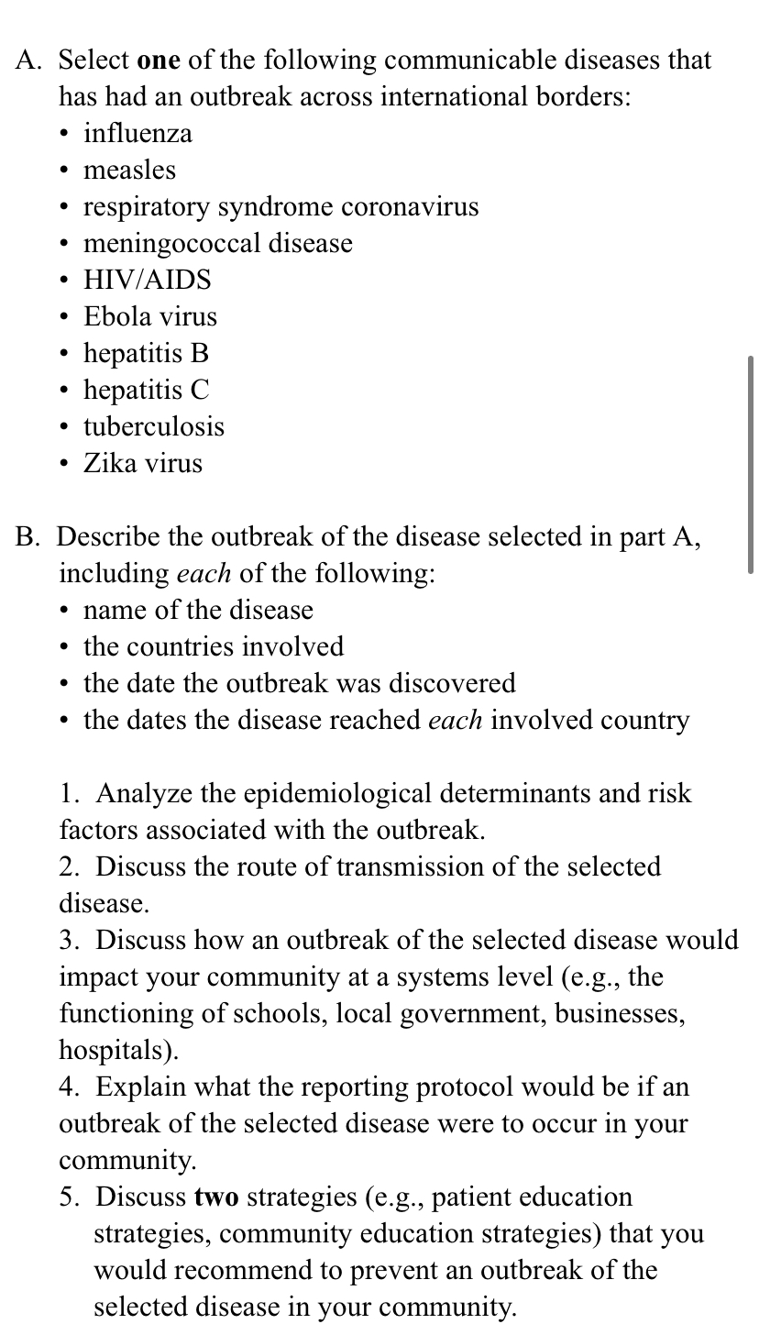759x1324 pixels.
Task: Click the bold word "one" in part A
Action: pyautogui.click(x=159, y=61)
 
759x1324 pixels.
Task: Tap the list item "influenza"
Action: pyautogui.click(x=137, y=134)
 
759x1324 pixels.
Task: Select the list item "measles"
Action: pyautogui.click(x=129, y=171)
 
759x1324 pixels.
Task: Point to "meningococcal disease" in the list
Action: pyautogui.click(x=217, y=244)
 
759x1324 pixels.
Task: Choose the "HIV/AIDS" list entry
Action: pyautogui.click(x=147, y=281)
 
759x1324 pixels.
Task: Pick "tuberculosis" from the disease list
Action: pyautogui.click(x=154, y=427)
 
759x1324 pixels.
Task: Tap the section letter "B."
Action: pyautogui.click(x=28, y=537)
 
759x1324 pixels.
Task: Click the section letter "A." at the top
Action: pyautogui.click(x=29, y=61)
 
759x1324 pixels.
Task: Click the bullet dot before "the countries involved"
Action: pyautogui.click(x=63, y=647)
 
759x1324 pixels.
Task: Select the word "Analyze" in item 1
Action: pyautogui.click(x=140, y=794)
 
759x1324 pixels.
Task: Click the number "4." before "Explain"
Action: pyautogui.click(x=73, y=1087)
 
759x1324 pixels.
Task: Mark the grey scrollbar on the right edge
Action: pyautogui.click(x=751, y=465)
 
